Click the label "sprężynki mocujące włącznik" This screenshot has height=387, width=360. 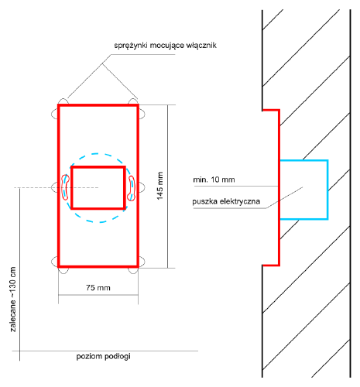(x=165, y=46)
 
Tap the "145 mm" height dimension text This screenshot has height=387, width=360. (x=160, y=186)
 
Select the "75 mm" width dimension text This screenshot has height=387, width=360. (x=98, y=288)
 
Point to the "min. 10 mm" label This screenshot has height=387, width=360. (x=214, y=180)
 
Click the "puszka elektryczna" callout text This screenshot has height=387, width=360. (x=226, y=201)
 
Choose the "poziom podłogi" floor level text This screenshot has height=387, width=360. (x=103, y=357)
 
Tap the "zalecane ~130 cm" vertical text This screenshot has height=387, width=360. (x=13, y=300)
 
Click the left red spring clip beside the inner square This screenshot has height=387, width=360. (x=65, y=187)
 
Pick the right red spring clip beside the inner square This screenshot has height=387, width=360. (x=132, y=188)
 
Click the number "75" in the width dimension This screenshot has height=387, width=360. (x=91, y=288)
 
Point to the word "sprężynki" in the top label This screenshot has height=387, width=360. (x=131, y=46)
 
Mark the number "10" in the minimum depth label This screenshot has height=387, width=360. (x=215, y=180)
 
